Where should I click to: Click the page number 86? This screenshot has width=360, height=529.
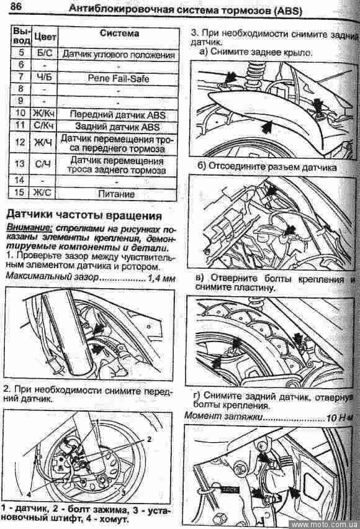pos(16,6)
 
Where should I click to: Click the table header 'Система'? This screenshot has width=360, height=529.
pos(119,34)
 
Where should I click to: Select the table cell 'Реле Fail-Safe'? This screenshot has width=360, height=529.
pos(118,78)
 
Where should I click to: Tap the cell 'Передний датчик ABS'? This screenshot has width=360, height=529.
pos(117,114)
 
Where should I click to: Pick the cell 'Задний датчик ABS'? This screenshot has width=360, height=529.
pos(117,127)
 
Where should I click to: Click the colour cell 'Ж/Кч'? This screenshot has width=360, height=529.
pos(44,114)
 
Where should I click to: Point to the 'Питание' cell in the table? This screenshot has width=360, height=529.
pos(117,194)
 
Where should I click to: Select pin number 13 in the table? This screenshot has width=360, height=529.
pos(20,164)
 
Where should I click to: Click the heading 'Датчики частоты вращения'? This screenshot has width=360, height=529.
pos(84,215)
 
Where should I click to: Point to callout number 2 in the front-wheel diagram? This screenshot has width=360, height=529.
pos(149,438)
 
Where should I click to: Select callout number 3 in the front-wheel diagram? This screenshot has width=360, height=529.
pos(124,493)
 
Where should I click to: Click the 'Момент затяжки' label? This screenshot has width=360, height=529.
pos(223,417)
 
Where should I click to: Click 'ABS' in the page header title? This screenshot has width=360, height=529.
pos(288,11)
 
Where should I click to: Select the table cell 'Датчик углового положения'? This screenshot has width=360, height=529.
pos(119,54)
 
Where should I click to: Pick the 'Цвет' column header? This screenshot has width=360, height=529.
pos(45,37)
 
